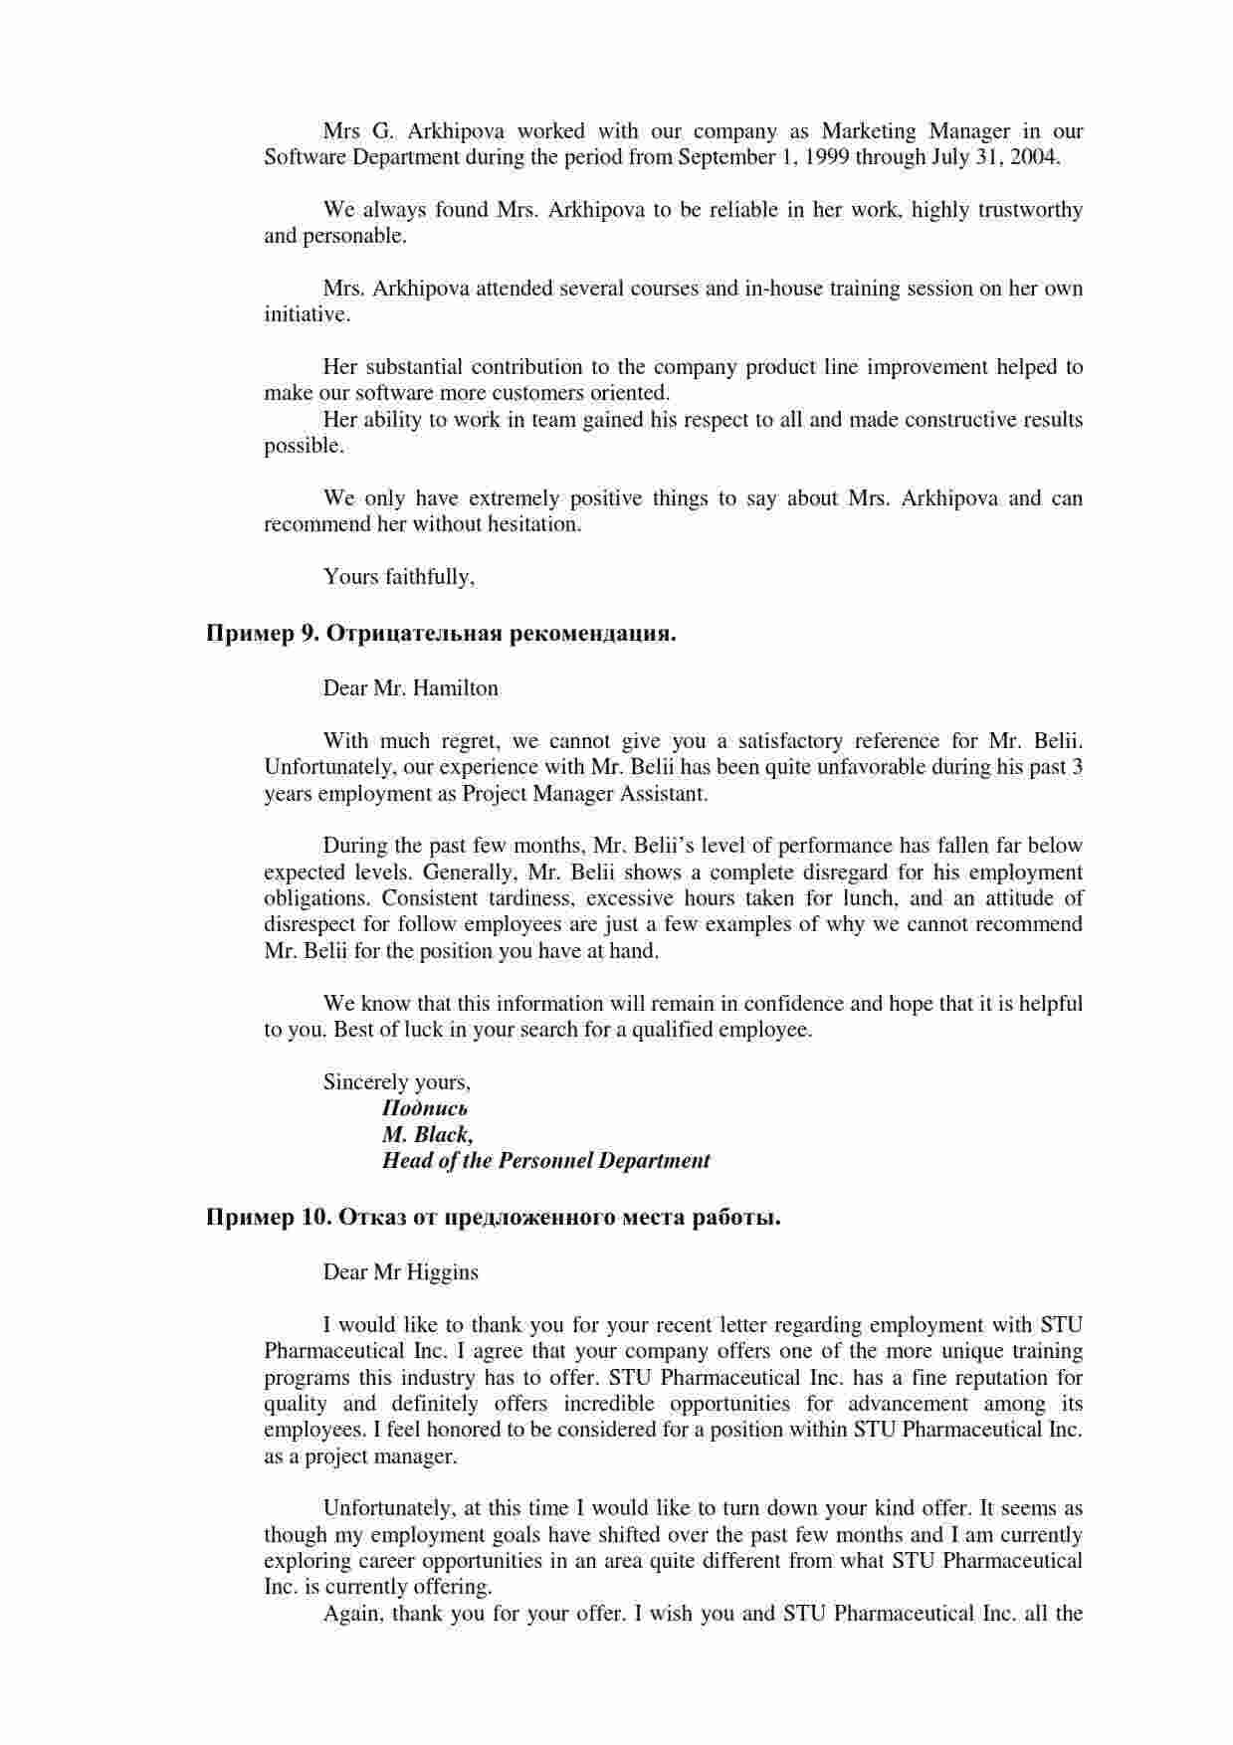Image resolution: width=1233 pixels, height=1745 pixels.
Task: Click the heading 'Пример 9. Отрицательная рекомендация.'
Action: (x=441, y=634)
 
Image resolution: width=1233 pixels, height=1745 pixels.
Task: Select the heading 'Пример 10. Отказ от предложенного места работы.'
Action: (x=493, y=1218)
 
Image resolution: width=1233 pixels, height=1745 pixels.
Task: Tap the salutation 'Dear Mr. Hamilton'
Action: (x=410, y=688)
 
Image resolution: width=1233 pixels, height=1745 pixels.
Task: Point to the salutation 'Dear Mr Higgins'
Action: (x=400, y=1272)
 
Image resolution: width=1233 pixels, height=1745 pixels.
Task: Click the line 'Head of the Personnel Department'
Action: (x=546, y=1160)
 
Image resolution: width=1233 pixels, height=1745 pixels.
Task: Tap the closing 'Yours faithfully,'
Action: (x=399, y=577)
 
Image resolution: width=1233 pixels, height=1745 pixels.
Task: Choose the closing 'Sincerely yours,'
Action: (x=397, y=1082)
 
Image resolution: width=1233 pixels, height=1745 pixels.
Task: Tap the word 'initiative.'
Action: (x=307, y=314)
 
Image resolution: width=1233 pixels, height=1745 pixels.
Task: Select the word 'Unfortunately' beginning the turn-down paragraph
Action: (x=387, y=1508)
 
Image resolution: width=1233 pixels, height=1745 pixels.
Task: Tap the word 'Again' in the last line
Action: (x=350, y=1614)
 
